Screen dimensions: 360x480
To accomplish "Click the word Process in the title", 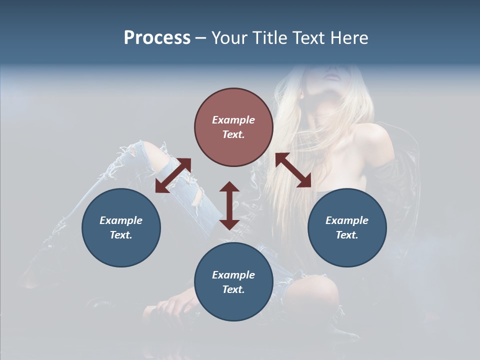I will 157,38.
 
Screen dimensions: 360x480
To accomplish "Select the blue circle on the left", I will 121,227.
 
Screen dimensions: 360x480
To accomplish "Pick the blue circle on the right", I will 347,227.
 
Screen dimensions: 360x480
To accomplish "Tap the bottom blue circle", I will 233,281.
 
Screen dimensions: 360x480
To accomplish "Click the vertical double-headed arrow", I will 229,206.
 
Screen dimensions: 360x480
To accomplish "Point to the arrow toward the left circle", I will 173,175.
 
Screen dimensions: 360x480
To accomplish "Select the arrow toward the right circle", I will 293,170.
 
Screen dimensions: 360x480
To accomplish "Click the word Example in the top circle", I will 233,120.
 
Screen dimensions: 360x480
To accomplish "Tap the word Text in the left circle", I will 121,235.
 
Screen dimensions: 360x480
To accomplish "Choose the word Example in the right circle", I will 347,220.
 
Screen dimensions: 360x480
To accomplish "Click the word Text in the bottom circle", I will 233,289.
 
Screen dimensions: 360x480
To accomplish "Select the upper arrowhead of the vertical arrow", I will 229,187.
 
